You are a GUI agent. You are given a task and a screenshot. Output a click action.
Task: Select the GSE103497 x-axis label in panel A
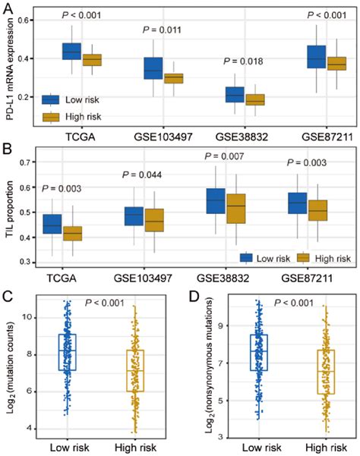pyautogui.click(x=163, y=140)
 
